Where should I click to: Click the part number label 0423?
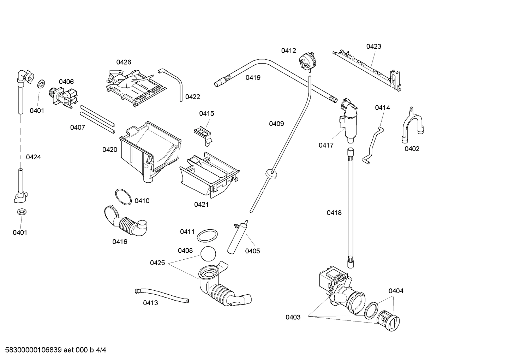[x=373, y=46]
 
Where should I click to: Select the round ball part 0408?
[x=208, y=254]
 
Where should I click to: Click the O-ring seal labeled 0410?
[x=124, y=196]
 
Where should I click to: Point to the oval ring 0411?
[x=207, y=235]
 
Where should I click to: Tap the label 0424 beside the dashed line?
[x=34, y=157]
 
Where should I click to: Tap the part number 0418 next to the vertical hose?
[x=334, y=213]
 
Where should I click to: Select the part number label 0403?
[x=293, y=317]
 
